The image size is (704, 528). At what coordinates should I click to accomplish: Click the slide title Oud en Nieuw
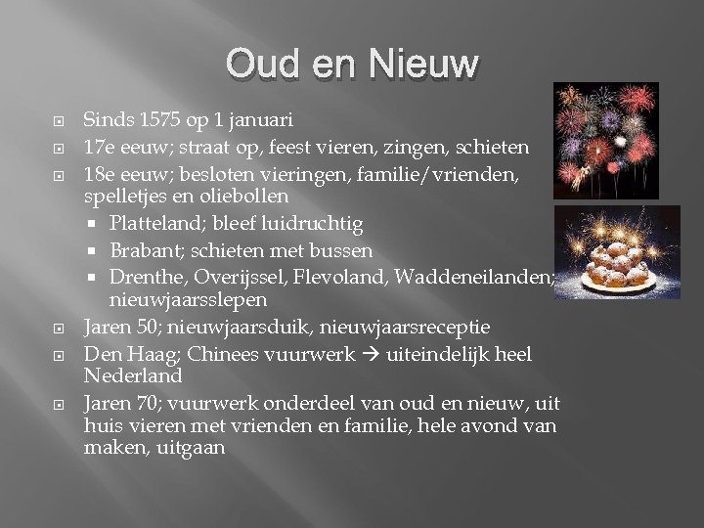click(x=351, y=65)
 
